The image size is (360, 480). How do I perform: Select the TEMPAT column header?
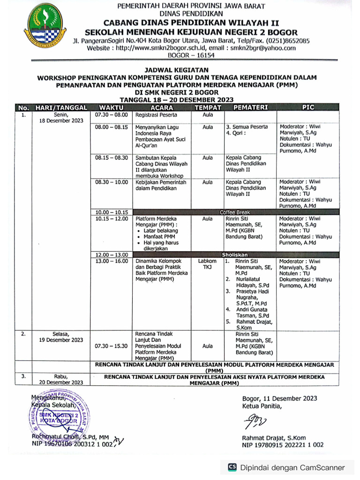(x=207, y=107)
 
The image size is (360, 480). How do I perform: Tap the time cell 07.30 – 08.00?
(x=112, y=115)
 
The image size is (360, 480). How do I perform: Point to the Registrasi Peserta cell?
(x=156, y=115)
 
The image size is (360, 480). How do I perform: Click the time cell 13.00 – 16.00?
(x=112, y=261)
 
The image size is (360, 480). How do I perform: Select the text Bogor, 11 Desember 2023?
(x=279, y=398)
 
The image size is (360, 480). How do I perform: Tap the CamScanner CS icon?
(x=232, y=467)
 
